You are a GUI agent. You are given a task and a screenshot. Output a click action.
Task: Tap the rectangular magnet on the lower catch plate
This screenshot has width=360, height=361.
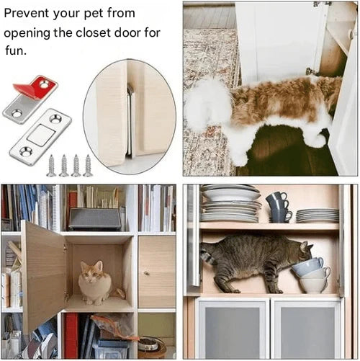tap(40, 134)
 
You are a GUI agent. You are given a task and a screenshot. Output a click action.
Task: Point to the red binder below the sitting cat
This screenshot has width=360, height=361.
tap(71, 335)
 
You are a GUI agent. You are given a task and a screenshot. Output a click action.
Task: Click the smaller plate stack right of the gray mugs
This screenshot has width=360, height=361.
tap(317, 215)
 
